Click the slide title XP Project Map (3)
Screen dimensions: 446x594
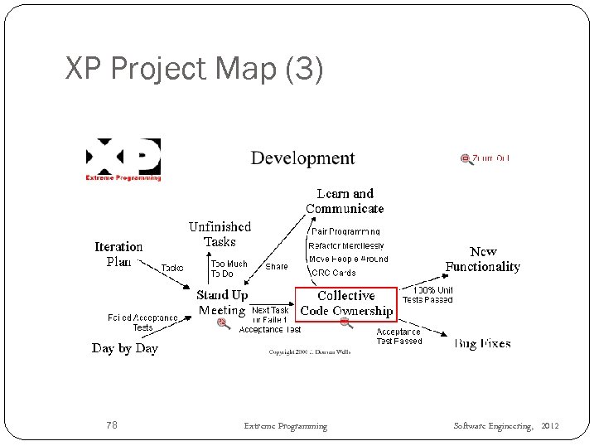(x=194, y=69)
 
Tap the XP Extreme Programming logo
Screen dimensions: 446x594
(x=123, y=159)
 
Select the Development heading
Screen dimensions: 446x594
(x=302, y=158)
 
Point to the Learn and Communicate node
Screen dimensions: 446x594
(x=345, y=201)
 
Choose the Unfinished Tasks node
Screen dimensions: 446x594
(x=220, y=234)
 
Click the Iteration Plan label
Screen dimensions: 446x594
(x=118, y=254)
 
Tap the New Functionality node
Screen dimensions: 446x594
(x=482, y=259)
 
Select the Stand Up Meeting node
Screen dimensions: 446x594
(x=222, y=303)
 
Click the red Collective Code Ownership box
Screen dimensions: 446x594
(x=346, y=303)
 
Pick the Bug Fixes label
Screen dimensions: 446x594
(x=482, y=343)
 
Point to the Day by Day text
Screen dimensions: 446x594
(x=124, y=348)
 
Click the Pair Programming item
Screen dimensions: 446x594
(x=345, y=232)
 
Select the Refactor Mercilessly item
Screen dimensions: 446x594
(x=346, y=245)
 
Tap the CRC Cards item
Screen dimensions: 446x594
(x=333, y=273)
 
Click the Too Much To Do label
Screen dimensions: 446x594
(x=229, y=269)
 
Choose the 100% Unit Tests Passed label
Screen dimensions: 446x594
(x=427, y=295)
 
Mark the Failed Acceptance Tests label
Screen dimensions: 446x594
(x=142, y=322)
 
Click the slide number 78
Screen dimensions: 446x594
(x=112, y=425)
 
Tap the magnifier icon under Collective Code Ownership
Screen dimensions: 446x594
(x=346, y=323)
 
